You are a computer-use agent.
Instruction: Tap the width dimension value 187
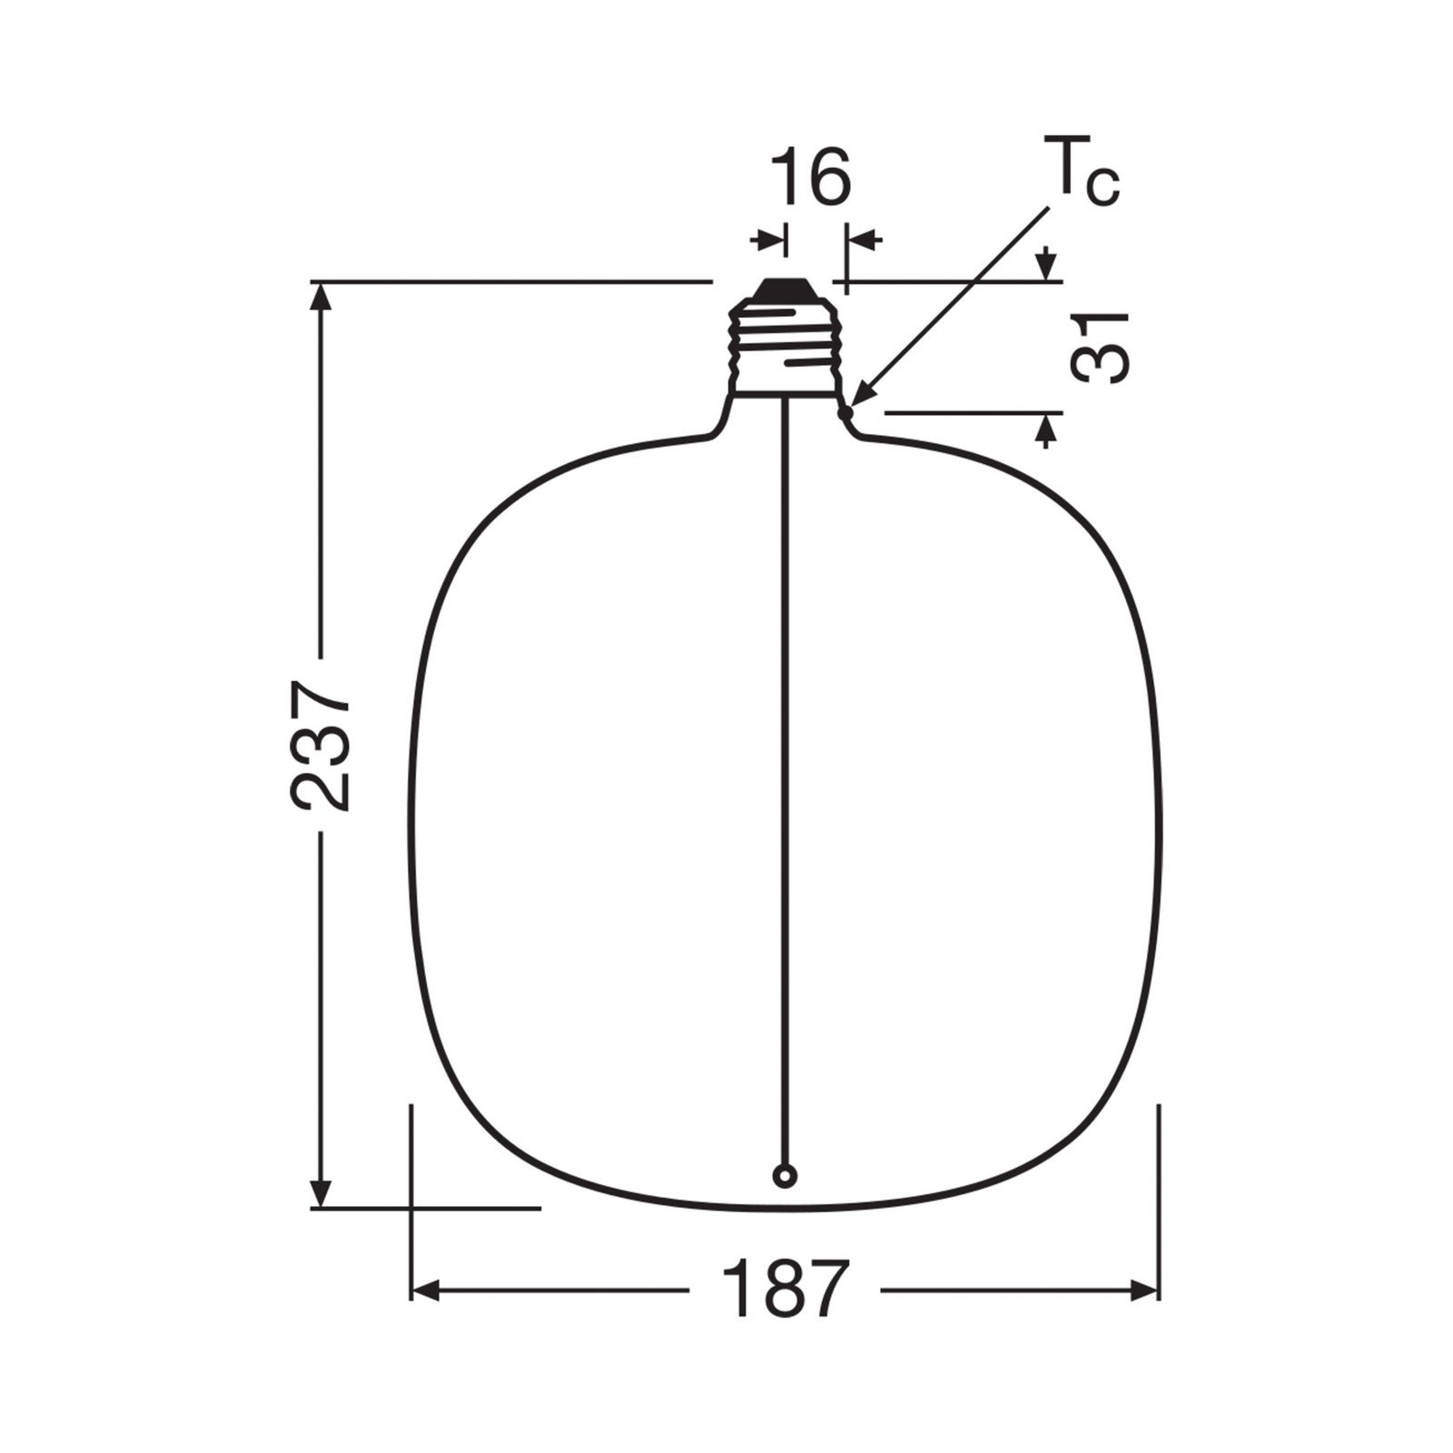click(x=784, y=1290)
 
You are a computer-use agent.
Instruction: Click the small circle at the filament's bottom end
click(x=784, y=1176)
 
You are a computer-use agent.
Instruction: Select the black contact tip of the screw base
click(x=784, y=288)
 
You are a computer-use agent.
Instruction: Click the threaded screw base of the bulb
click(x=784, y=350)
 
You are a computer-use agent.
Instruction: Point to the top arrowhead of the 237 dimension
click(x=320, y=296)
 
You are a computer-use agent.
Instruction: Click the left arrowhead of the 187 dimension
click(x=425, y=1290)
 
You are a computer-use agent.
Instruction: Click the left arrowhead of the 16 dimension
click(x=772, y=240)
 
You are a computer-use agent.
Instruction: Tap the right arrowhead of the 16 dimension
click(x=859, y=240)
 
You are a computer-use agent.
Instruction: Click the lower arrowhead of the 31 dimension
click(x=1047, y=429)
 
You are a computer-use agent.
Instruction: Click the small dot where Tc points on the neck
click(x=846, y=414)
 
